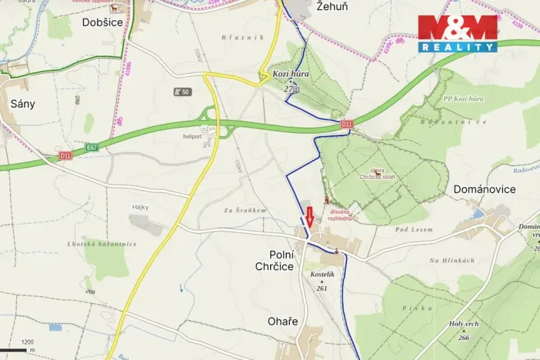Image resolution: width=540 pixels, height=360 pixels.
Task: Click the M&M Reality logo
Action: (457, 33)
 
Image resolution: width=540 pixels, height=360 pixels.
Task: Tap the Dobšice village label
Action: (103, 23)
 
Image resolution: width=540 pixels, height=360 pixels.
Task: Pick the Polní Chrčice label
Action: (282, 260)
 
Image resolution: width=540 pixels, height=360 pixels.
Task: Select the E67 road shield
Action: (92, 147)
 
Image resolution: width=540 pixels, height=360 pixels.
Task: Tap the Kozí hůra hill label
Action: (290, 74)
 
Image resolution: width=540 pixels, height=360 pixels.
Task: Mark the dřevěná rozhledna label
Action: (341, 214)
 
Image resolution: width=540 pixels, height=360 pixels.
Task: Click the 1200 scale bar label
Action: (28, 342)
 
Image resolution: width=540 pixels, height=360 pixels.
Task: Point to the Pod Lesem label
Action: (414, 229)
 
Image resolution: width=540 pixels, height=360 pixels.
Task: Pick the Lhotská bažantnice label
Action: (102, 244)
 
